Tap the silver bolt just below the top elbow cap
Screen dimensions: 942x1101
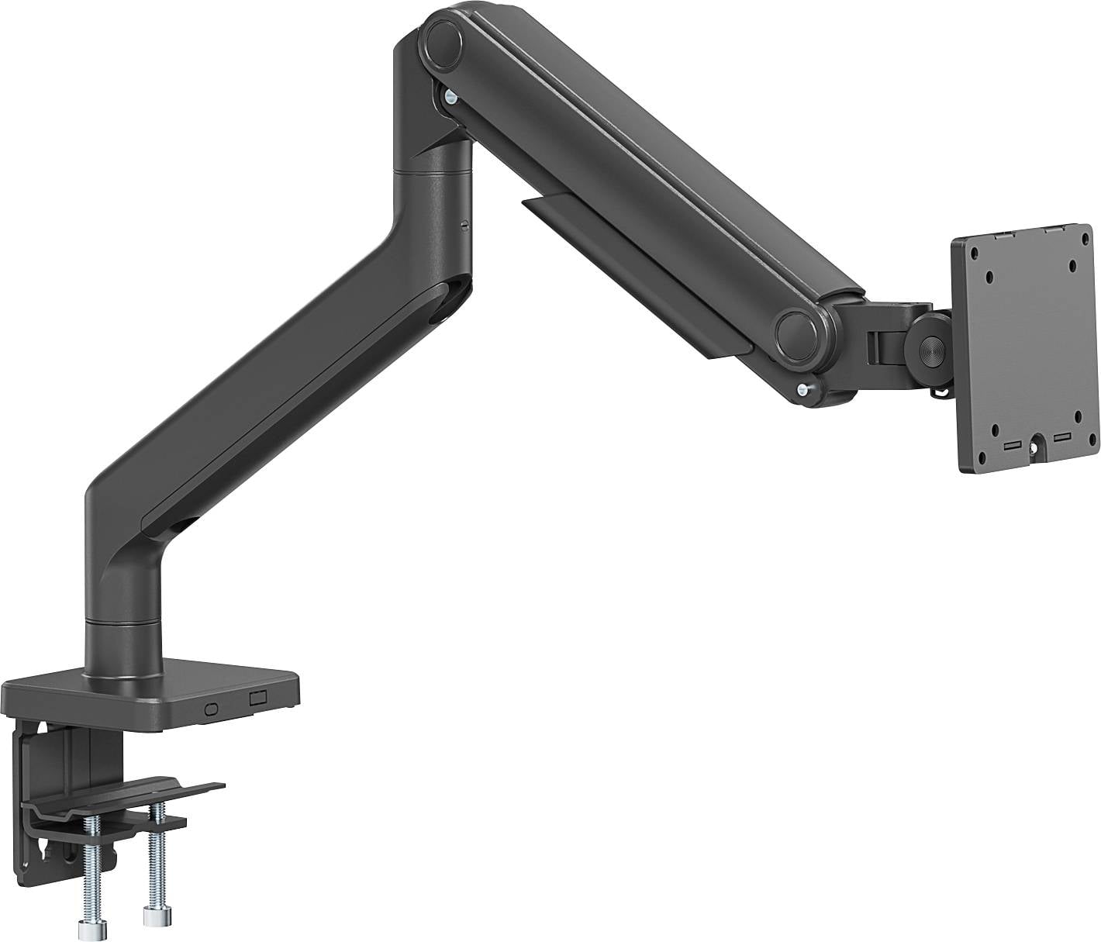tap(450, 96)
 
